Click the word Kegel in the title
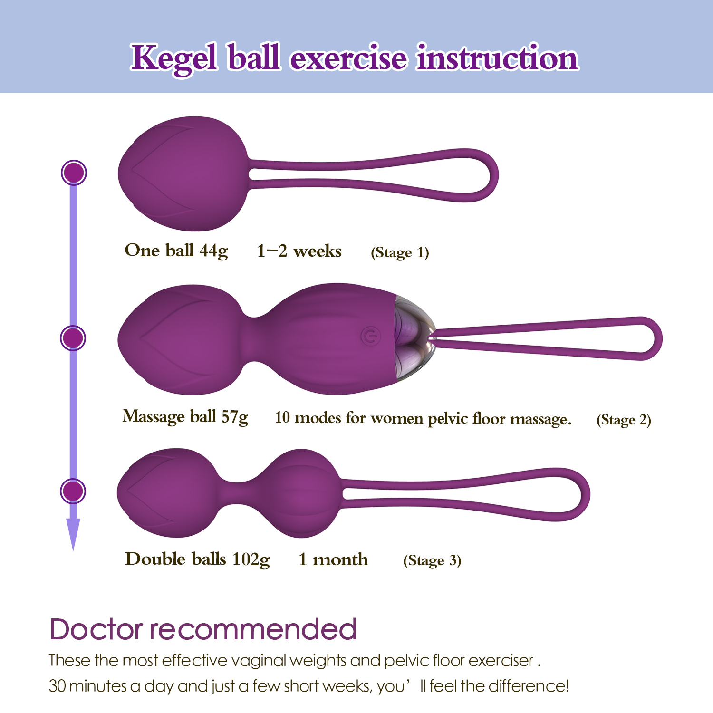coord(174,58)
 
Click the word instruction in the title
coord(497,58)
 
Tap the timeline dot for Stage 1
coord(74,173)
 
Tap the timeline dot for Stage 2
coord(73,338)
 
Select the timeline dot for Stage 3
coord(73,491)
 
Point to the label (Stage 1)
coord(400,252)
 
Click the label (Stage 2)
coord(624,420)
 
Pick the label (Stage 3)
coord(432,560)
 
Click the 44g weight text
coord(214,251)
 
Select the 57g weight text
coord(235,417)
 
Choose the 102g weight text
coord(251,559)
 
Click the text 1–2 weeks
coord(299,251)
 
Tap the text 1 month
coord(333,559)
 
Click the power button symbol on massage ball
coord(370,336)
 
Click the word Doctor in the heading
coord(96,629)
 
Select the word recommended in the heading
coord(253,629)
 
